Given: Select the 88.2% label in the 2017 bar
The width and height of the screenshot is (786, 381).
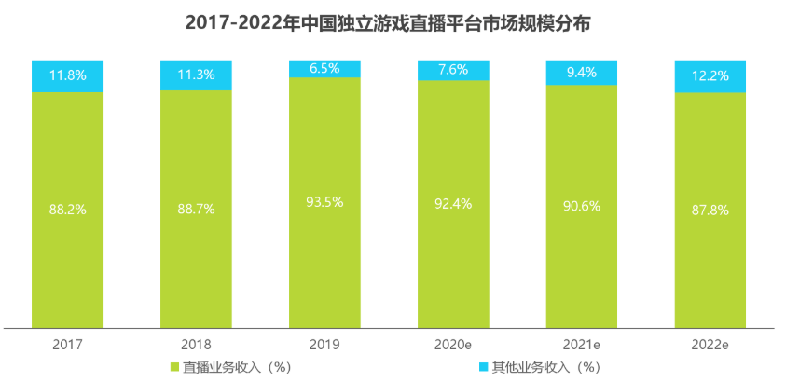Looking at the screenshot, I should tap(67, 210).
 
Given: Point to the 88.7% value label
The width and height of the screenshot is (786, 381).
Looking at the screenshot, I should tap(196, 210).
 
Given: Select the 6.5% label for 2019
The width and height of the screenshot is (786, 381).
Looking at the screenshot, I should tap(324, 68).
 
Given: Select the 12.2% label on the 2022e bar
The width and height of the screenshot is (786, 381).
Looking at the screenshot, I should tap(710, 76).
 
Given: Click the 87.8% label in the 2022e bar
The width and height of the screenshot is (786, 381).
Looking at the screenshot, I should tap(710, 211).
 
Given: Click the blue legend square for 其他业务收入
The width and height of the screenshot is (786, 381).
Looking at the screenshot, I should tap(481, 366).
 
